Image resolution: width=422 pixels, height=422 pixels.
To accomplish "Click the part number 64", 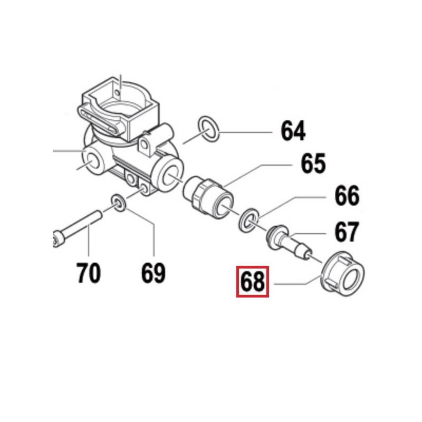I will (293, 131).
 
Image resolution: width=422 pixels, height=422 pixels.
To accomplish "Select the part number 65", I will (313, 164).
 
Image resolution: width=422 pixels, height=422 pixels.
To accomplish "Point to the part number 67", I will (347, 232).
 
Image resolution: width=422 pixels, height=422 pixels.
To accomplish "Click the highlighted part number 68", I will (252, 282).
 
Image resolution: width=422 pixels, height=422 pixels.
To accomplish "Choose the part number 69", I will (153, 273).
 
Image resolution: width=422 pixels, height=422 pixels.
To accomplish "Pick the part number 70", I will (89, 273).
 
